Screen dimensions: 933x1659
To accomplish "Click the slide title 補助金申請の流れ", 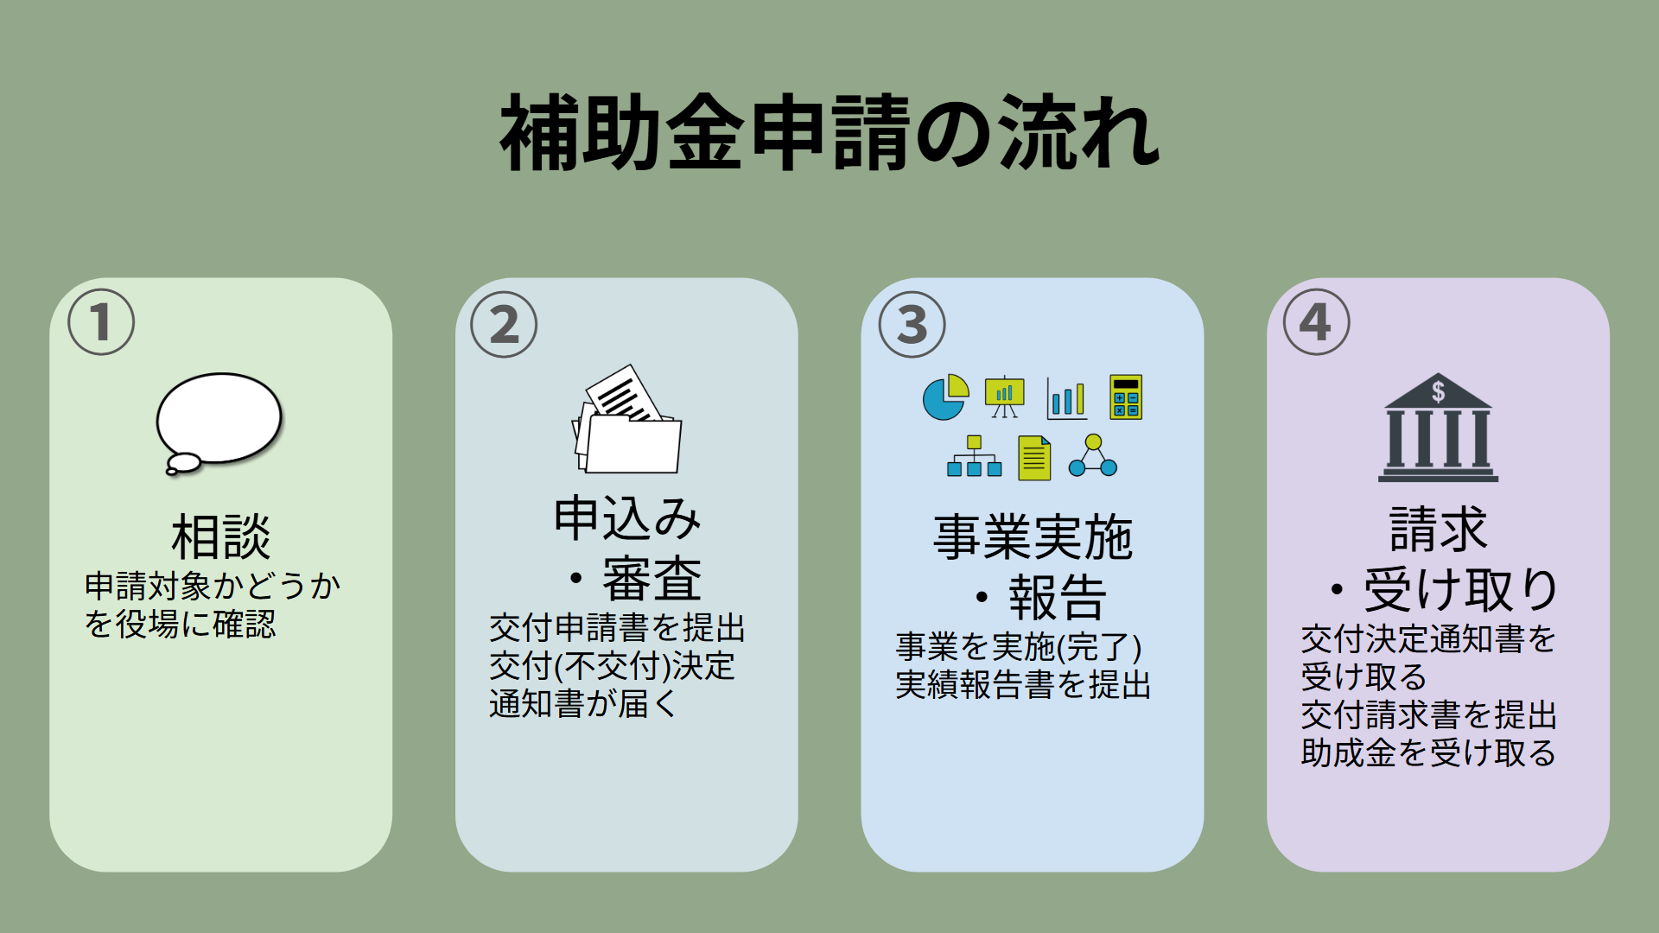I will [x=829, y=134].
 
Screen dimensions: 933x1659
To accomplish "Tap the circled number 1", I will [x=101, y=322].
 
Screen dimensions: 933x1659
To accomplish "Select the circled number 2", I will [x=504, y=325].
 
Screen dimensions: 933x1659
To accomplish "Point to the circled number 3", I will [x=912, y=325].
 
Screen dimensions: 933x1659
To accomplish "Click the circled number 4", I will [x=1316, y=322].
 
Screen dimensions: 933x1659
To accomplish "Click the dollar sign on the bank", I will [x=1438, y=391].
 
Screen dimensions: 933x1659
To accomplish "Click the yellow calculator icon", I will [x=1126, y=397].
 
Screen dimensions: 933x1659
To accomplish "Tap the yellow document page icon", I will [x=1034, y=458].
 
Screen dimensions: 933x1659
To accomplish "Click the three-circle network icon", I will [x=1093, y=456].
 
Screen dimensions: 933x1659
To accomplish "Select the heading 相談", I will [x=221, y=536].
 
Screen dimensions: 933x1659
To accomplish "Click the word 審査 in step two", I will [x=652, y=579].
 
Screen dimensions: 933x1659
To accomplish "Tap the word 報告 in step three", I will [x=1058, y=597].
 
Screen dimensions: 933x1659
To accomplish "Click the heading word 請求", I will [x=1438, y=529].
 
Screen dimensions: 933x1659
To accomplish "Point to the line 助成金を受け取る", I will [x=1427, y=753].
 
